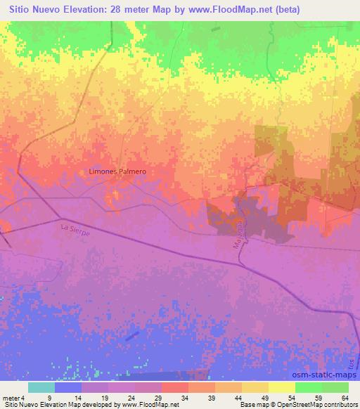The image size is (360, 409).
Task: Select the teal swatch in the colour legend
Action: [41, 388]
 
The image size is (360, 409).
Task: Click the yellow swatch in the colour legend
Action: [281, 388]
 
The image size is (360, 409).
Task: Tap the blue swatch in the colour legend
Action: [67, 388]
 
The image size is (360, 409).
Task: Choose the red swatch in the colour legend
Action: [174, 388]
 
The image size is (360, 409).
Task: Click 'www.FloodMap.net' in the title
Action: [210, 9]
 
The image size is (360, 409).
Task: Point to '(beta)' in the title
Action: [266, 9]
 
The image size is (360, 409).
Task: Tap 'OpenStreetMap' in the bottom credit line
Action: [287, 405]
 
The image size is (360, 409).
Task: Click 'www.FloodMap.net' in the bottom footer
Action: [150, 405]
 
